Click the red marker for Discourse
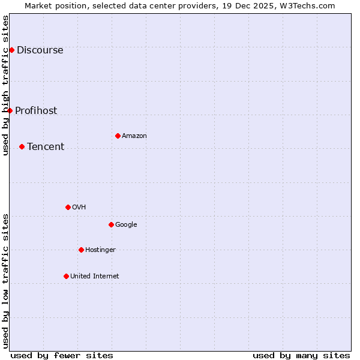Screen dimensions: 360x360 pyautogui.click(x=11, y=50)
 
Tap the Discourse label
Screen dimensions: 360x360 pyautogui.click(x=40, y=50)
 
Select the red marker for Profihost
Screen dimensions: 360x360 pyautogui.click(x=10, y=110)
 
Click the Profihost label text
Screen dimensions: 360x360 pyautogui.click(x=36, y=110)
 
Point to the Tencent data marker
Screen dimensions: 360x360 pyautogui.click(x=22, y=146)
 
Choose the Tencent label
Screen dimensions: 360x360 pyautogui.click(x=46, y=147)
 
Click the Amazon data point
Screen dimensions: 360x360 pyautogui.click(x=118, y=136)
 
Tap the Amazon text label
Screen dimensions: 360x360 pyautogui.click(x=134, y=136)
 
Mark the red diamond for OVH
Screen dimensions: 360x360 pyautogui.click(x=68, y=207)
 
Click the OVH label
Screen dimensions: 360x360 pyautogui.click(x=79, y=208)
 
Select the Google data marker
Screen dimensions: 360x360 pyautogui.click(x=111, y=224)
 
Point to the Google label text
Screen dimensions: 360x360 pyautogui.click(x=126, y=225)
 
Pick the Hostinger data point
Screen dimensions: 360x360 pyautogui.click(x=81, y=250)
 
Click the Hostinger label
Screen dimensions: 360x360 pyautogui.click(x=100, y=250)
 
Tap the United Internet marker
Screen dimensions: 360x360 pyautogui.click(x=66, y=276)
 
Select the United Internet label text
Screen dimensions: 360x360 pyautogui.click(x=95, y=277)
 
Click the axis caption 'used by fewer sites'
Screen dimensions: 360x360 pyautogui.click(x=62, y=355)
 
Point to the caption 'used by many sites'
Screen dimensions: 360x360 pyautogui.click(x=301, y=355)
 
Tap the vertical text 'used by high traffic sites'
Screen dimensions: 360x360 pyautogui.click(x=6, y=85)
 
